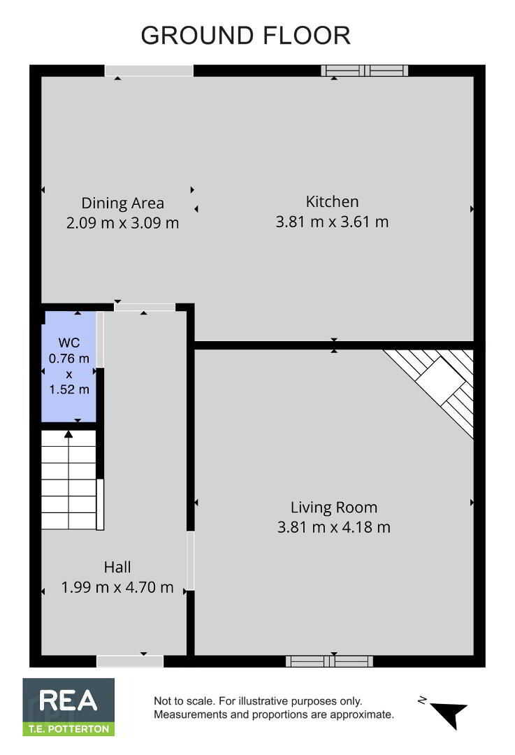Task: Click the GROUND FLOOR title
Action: (x=245, y=36)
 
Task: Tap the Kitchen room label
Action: (x=332, y=201)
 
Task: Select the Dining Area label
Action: (x=123, y=203)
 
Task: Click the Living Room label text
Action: (x=333, y=508)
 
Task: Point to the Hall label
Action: (x=117, y=567)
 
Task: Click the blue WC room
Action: (x=70, y=367)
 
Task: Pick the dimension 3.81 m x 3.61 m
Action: (x=332, y=222)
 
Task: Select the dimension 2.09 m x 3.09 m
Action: (x=123, y=223)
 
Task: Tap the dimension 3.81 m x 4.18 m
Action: (x=333, y=527)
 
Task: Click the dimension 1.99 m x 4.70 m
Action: (x=117, y=587)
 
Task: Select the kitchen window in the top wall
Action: (x=364, y=71)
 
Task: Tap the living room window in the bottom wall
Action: (x=329, y=661)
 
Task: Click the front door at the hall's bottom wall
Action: (x=130, y=661)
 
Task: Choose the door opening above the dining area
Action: (x=149, y=71)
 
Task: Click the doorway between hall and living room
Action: (x=190, y=561)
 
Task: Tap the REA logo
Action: (x=68, y=707)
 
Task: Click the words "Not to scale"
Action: (x=183, y=701)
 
